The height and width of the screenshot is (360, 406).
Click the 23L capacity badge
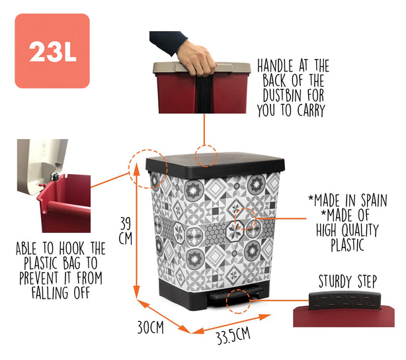(52, 51)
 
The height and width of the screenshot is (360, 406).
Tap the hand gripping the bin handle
(196, 59)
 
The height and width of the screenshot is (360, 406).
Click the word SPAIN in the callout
(374, 201)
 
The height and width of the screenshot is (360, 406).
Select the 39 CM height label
(126, 231)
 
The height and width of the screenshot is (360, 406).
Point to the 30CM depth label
(151, 327)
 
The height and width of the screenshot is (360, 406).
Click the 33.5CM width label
(233, 336)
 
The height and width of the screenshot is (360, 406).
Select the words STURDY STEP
(348, 281)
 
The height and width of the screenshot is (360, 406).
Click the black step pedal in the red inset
(345, 300)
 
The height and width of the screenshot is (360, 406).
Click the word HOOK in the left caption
(71, 249)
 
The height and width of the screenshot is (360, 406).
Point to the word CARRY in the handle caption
(311, 110)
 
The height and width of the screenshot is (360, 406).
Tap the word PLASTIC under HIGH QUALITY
(348, 244)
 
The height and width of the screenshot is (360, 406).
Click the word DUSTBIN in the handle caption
(282, 96)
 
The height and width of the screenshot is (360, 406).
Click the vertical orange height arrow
(137, 231)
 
